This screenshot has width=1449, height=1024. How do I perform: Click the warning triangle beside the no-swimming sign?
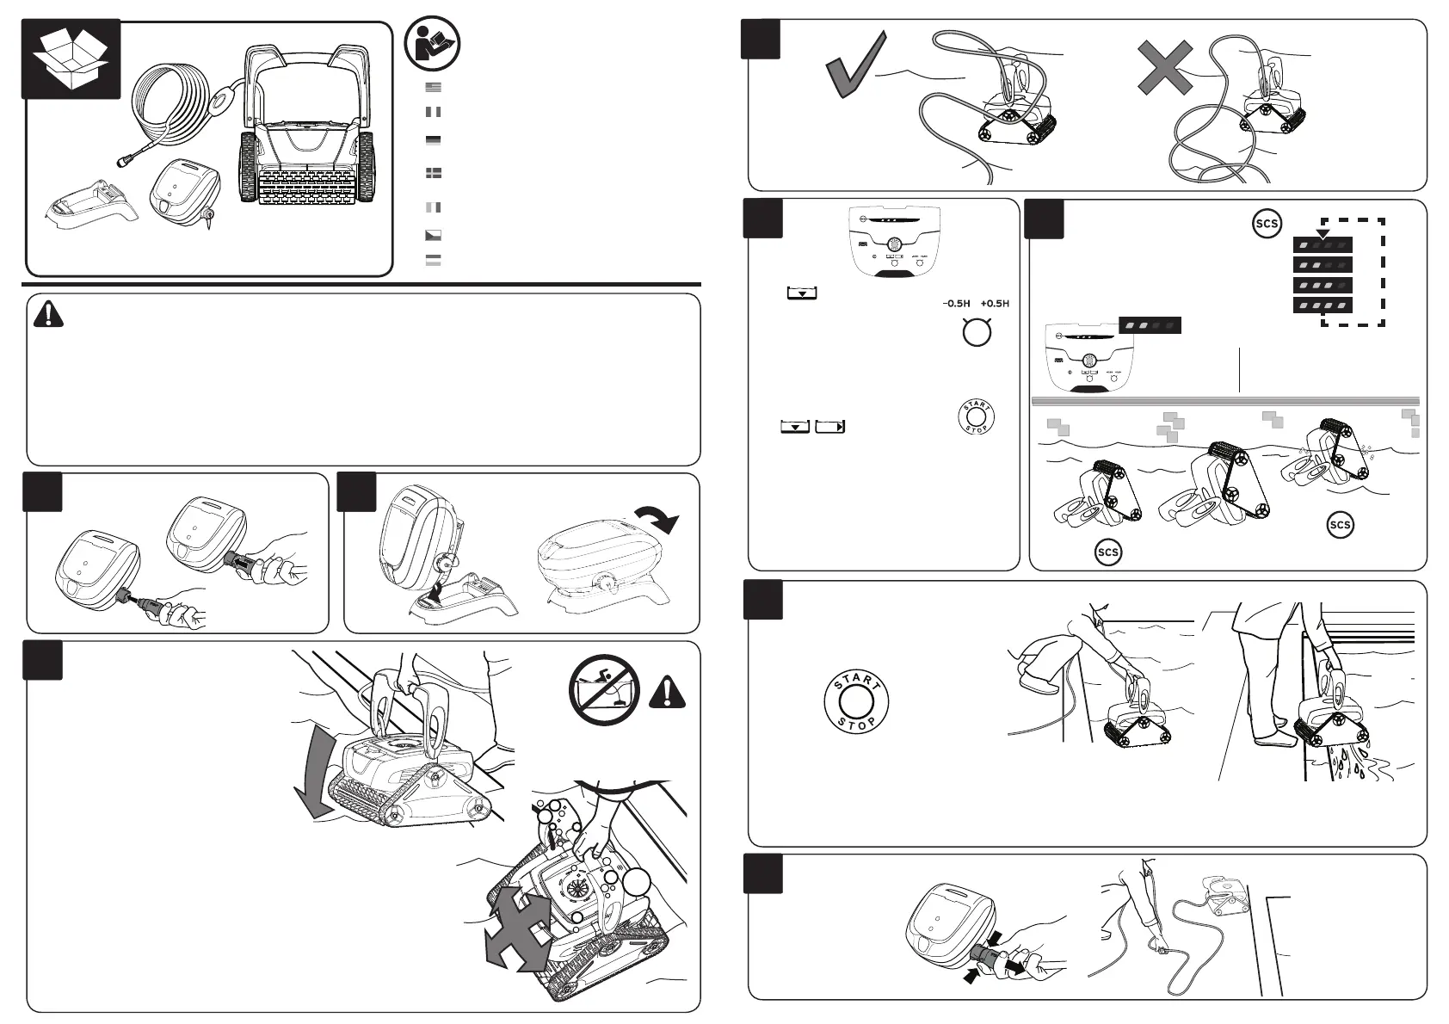668,692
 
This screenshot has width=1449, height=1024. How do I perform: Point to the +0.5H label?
994,304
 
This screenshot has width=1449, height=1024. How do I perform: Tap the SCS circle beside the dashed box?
1267,225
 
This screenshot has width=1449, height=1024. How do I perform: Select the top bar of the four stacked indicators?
1323,245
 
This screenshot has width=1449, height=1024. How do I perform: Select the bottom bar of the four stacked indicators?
1323,305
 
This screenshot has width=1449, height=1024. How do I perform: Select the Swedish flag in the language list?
434,173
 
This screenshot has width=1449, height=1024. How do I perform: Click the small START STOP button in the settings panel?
975,417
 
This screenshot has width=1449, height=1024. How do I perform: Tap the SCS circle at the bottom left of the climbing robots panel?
1108,552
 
